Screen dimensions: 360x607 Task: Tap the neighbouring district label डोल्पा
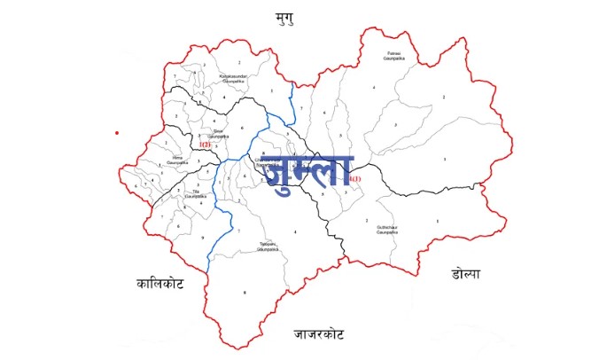463,274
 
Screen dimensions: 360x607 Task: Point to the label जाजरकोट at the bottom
319,335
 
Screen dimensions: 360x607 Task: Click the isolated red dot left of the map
116,133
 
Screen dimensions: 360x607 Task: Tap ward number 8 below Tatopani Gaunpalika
245,293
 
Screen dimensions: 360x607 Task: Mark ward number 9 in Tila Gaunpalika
203,237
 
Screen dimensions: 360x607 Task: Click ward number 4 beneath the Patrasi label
374,88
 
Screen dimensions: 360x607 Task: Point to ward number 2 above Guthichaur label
367,219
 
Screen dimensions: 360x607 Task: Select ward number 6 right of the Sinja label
242,129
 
